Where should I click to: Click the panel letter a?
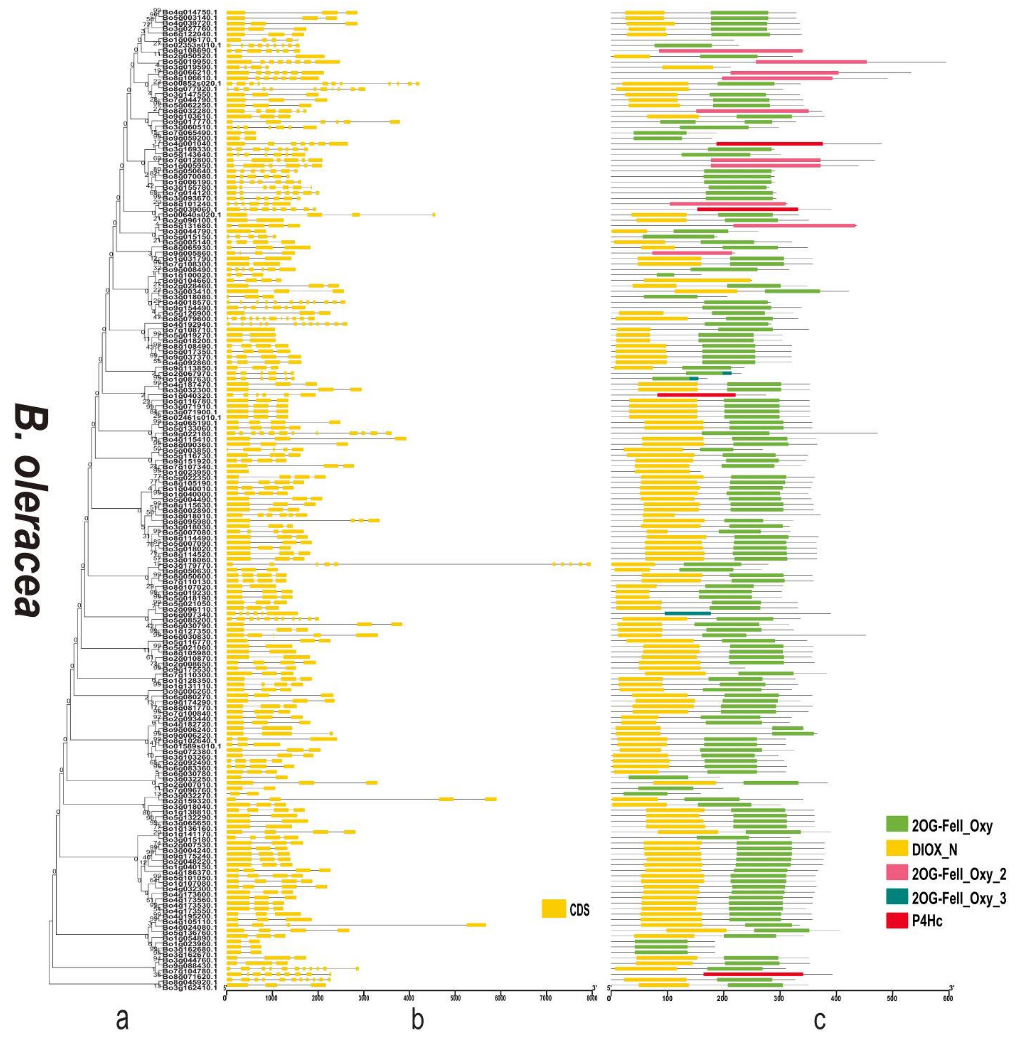(x=123, y=1021)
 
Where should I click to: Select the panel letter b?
(x=417, y=1021)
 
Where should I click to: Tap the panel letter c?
(x=819, y=1021)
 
